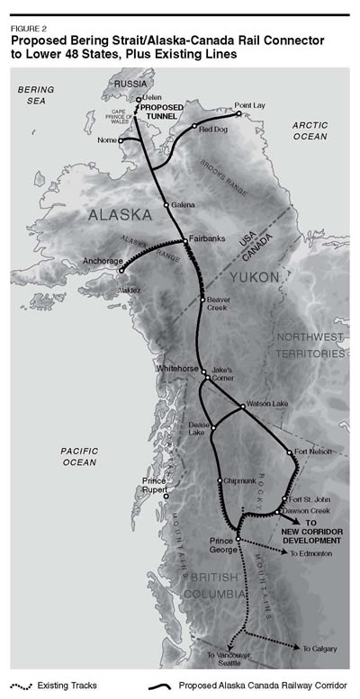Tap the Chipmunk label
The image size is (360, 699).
point(239,481)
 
